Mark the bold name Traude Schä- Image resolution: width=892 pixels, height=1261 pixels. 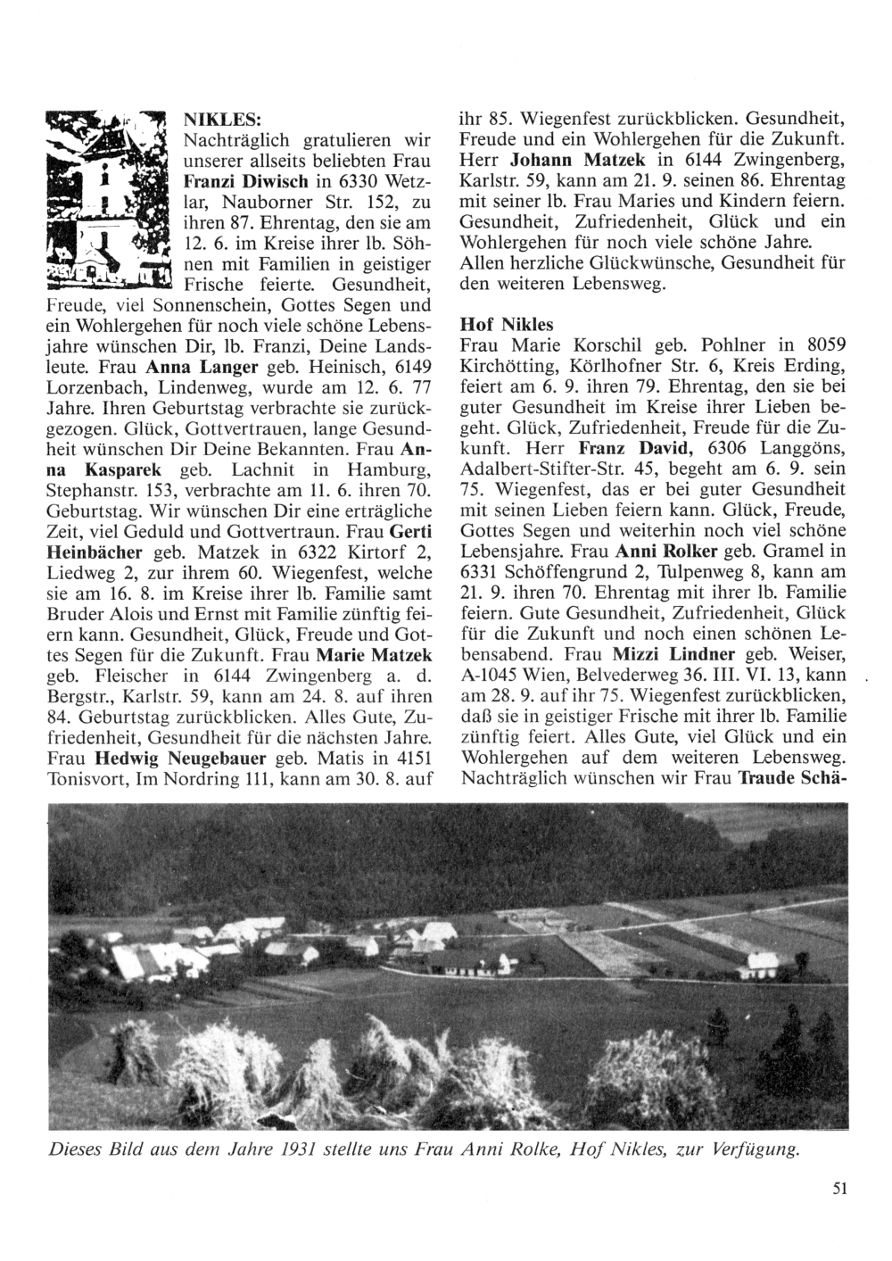[x=790, y=777]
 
